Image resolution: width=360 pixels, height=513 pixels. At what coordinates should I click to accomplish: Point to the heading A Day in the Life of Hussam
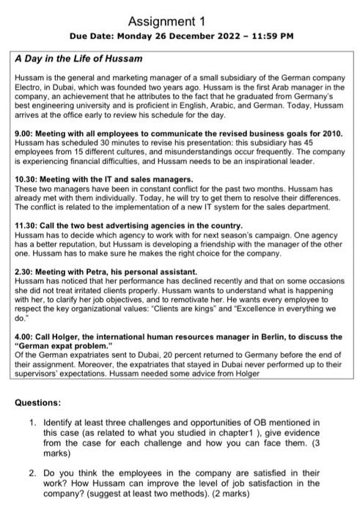point(78,58)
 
